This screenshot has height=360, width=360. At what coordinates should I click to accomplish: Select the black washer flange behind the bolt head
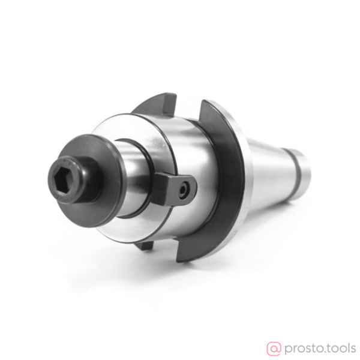pos(92,181)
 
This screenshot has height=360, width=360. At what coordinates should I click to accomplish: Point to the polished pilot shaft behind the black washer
pos(133,178)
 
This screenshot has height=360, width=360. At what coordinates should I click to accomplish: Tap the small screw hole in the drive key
pos(184,190)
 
